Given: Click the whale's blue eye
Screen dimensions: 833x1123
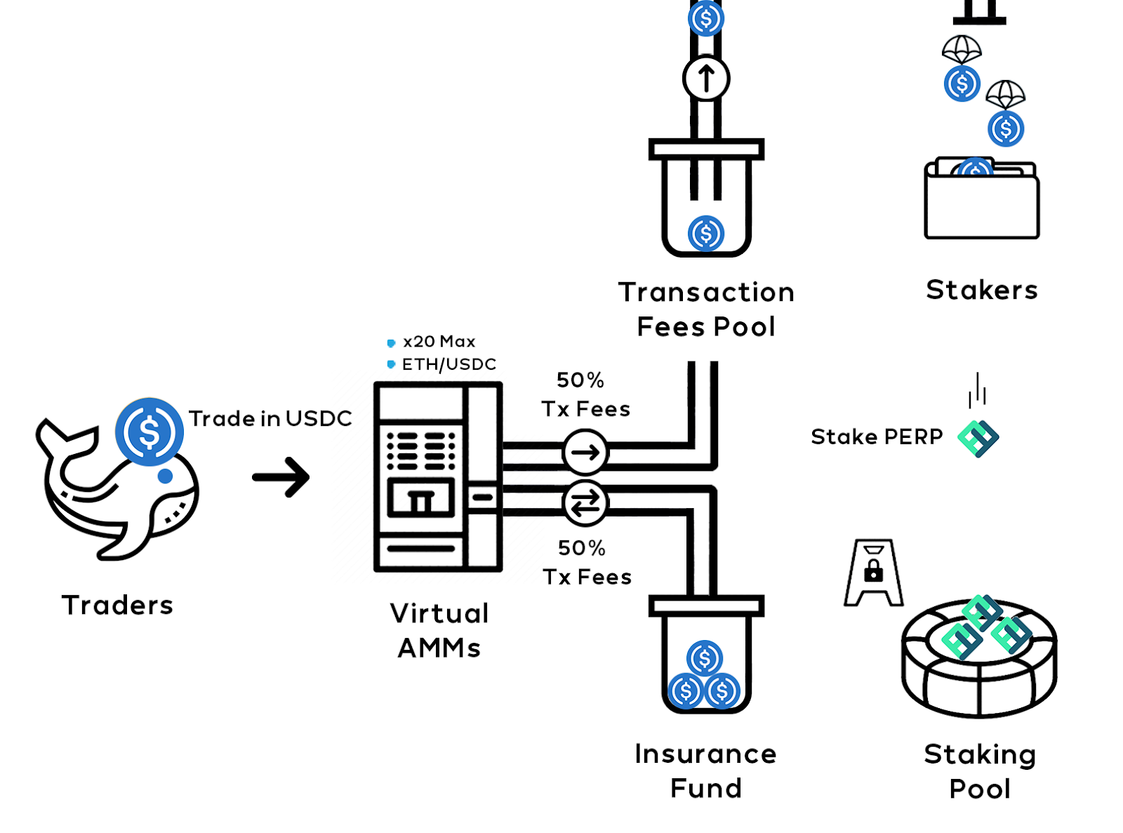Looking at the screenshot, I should tap(165, 477).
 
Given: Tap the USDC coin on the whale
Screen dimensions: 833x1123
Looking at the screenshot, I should tap(149, 432).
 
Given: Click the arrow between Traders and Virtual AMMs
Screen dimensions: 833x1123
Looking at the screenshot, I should tap(281, 477).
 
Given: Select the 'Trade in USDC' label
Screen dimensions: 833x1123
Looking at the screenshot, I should tap(270, 418).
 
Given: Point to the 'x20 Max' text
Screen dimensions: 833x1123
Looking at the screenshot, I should tap(439, 342).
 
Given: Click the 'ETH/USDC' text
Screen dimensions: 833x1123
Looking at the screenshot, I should tap(448, 364).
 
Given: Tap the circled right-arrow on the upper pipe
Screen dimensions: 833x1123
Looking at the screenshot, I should tap(585, 453).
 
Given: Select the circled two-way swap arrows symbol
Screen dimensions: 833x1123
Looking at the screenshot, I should tap(585, 502).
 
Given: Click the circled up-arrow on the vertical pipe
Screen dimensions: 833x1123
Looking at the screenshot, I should tap(706, 78).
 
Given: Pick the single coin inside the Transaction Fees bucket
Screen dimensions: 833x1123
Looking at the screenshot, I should tap(706, 233).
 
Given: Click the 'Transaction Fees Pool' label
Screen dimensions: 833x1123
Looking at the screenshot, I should tap(706, 309).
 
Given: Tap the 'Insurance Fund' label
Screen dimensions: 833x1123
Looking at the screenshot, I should tap(706, 771).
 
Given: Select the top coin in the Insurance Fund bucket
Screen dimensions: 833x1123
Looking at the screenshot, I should tap(705, 658).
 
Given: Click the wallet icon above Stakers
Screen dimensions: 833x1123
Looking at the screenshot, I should tap(981, 201).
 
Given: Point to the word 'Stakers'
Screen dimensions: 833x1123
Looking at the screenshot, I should tap(981, 290).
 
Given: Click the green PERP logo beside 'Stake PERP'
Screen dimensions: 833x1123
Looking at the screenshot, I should tap(978, 439).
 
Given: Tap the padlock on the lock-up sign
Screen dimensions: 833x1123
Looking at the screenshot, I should tap(874, 571).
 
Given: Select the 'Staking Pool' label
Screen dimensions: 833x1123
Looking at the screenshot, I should tap(980, 771).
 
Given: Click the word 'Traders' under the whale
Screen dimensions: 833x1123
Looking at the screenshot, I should tap(117, 605).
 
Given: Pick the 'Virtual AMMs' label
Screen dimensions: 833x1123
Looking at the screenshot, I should tap(439, 630).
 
